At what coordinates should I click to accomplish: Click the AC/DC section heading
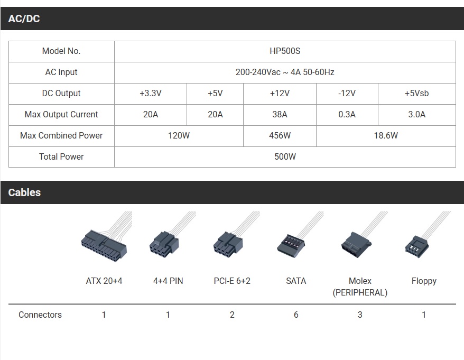24,19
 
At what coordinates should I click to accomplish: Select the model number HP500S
285,51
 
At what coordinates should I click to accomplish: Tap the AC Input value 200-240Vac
258,72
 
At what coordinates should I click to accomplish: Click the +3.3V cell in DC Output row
151,94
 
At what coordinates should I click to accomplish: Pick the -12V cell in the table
347,94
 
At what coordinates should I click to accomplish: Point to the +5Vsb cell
416,94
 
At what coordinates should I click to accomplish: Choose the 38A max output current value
280,115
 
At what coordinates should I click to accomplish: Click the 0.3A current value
347,115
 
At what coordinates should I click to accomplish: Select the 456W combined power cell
280,136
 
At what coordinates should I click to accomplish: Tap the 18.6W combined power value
386,136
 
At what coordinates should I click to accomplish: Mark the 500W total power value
285,157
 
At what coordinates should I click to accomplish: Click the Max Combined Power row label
61,136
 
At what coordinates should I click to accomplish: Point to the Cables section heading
24,193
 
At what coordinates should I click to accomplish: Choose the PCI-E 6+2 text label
232,281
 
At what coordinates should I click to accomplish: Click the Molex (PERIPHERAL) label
360,287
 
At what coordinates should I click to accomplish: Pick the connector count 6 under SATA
296,315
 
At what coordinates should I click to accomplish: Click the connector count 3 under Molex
360,315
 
